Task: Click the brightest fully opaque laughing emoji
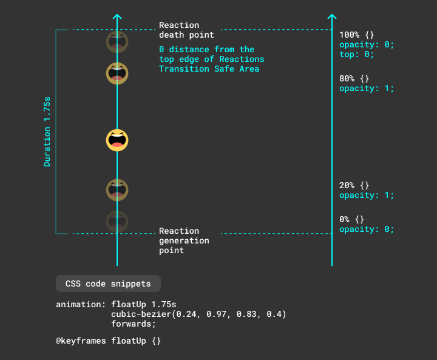[x=117, y=140]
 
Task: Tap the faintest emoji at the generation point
[x=117, y=220]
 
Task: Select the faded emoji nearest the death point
[x=117, y=42]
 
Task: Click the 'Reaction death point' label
[x=186, y=30]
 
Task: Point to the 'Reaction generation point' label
[x=184, y=240]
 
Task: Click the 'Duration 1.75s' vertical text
[x=47, y=132]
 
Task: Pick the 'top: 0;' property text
[x=356, y=54]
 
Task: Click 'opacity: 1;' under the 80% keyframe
[x=367, y=88]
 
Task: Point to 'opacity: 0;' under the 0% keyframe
[x=367, y=229]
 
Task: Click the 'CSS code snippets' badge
[x=108, y=284]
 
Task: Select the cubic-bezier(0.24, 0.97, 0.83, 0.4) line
[x=198, y=314]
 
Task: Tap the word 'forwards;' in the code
[x=134, y=324]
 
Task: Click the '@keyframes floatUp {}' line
[x=109, y=341]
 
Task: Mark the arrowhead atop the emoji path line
[x=117, y=17]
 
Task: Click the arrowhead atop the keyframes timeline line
[x=331, y=17]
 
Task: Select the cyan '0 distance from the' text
[x=206, y=49]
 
